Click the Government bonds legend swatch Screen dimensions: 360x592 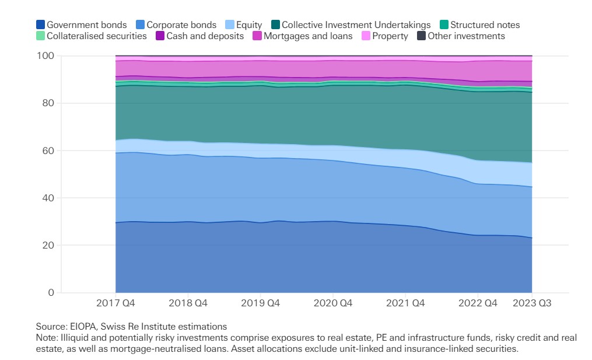point(40,25)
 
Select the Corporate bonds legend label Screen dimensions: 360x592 point(181,25)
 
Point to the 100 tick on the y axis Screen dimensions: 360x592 point(45,56)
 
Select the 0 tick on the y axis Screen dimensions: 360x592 point(51,293)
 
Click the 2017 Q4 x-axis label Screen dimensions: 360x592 point(115,304)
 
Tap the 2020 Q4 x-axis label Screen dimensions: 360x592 point(333,304)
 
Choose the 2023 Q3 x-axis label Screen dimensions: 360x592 point(531,304)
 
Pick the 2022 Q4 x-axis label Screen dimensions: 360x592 point(478,304)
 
